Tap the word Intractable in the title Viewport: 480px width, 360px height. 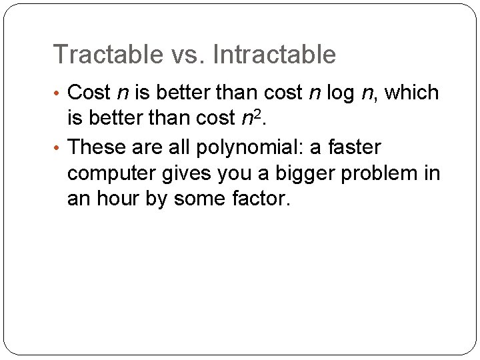(x=275, y=55)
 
